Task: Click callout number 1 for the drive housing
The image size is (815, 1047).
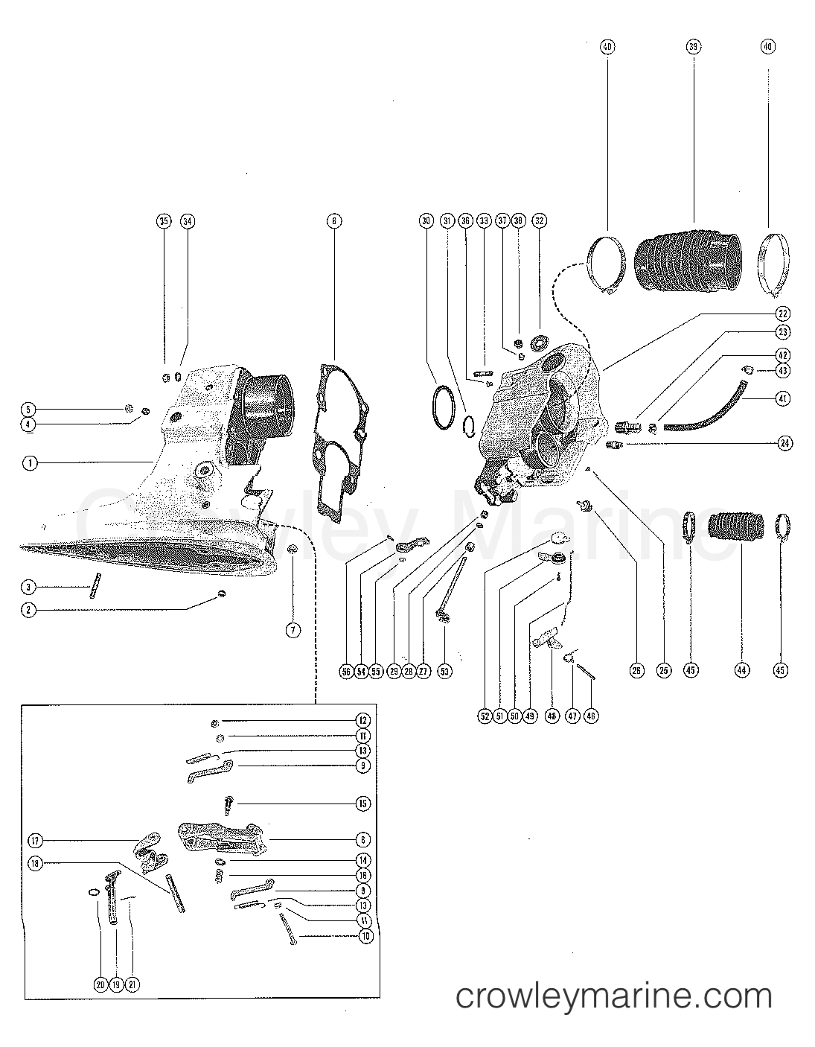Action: tap(29, 463)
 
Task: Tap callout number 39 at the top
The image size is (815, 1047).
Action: tap(693, 47)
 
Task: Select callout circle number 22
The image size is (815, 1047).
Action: tap(783, 314)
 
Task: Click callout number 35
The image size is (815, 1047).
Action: tap(163, 221)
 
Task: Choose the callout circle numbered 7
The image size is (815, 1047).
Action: tap(293, 630)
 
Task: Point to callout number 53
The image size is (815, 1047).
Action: tap(444, 671)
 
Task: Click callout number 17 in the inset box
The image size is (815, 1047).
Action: tap(35, 841)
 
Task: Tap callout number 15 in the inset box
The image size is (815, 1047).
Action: tap(362, 803)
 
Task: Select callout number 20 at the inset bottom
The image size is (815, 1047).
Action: tap(100, 984)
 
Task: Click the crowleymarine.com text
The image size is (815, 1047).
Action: tap(613, 996)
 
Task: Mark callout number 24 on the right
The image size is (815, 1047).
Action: tap(783, 444)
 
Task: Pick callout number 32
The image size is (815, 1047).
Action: tap(539, 221)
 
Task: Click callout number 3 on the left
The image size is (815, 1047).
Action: tap(28, 588)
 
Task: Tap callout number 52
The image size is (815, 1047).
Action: tap(485, 716)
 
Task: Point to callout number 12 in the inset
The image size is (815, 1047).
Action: tap(362, 721)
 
